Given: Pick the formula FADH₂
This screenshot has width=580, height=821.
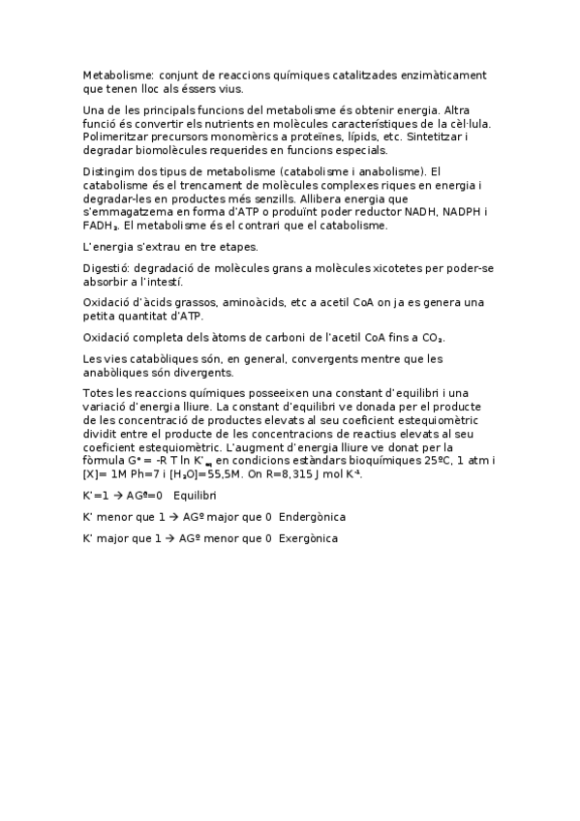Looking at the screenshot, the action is pyautogui.click(x=101, y=226).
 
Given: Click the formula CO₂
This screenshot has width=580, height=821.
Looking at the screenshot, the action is pyautogui.click(x=431, y=337).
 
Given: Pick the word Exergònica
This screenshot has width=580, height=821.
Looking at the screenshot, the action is pyautogui.click(x=308, y=538).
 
